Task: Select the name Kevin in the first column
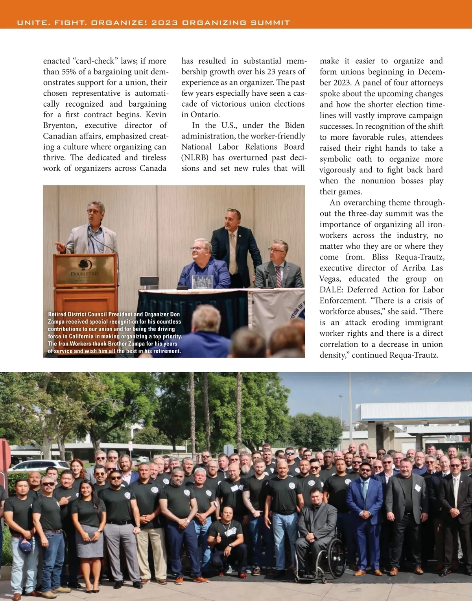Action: tap(156, 115)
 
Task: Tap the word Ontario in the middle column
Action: tap(205, 115)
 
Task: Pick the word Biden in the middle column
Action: tap(295, 125)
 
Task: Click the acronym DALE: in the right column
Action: tap(332, 290)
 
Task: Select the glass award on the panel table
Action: tap(202, 282)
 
